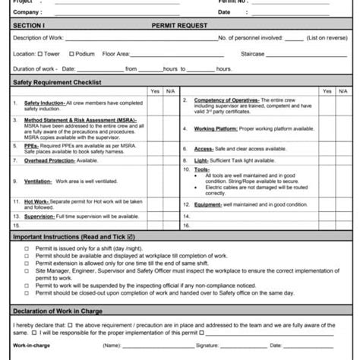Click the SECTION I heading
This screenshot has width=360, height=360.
29,25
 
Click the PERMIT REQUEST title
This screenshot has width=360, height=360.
179,25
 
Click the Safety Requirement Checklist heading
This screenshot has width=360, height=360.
56,82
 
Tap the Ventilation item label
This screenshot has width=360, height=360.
38,182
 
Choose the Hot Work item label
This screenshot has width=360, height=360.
36,201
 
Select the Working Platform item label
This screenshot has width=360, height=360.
216,129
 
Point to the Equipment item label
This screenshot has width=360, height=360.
208,205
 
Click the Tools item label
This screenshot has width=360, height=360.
202,169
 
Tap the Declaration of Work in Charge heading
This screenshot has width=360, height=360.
58,311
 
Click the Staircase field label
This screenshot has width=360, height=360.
253,54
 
